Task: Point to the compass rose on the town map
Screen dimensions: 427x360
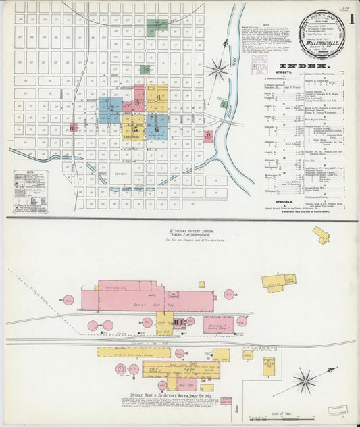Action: (x=217, y=68)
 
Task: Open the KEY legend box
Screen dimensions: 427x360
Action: (x=30, y=192)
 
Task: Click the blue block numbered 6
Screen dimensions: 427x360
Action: (x=157, y=126)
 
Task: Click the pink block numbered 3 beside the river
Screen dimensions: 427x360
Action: (x=209, y=135)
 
